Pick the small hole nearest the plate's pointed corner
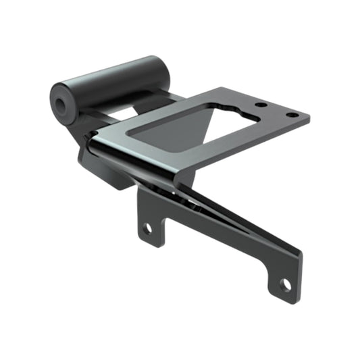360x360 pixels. point(290,115)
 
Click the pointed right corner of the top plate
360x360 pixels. point(309,119)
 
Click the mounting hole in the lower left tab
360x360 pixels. point(147,228)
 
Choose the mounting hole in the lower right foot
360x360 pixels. point(286,284)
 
